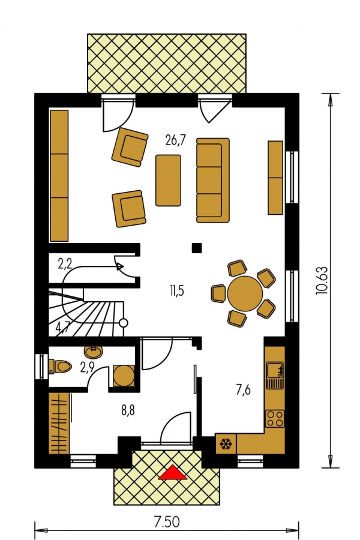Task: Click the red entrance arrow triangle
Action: pos(173,473)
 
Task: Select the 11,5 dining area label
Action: pos(176,291)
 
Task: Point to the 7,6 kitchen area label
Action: pos(243,391)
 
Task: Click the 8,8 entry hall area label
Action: pos(128,410)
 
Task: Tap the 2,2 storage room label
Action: pos(65,265)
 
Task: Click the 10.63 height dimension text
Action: pos(320,281)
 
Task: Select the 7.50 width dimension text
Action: pos(166,522)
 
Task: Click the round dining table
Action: pos(245,293)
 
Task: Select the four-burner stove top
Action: pos(275,419)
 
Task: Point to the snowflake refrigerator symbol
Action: pos(226,444)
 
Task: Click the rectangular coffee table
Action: pos(168,181)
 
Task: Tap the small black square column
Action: pos(197,248)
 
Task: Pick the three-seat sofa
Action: pos(213,180)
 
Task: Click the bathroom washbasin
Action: pos(93,352)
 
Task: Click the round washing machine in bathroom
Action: pos(124,376)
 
